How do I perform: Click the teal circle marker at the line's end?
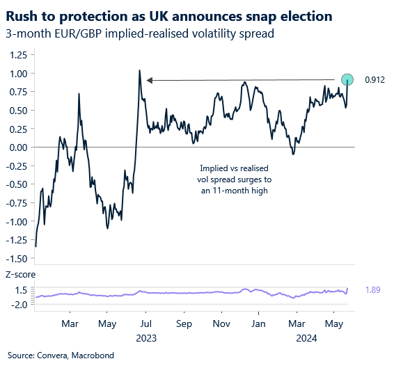pos(346,79)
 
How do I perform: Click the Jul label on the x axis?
pos(146,323)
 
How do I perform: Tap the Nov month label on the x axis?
pos(221,323)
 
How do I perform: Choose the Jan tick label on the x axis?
pos(259,323)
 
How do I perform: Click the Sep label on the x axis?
pos(184,323)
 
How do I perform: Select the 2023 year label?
pos(146,339)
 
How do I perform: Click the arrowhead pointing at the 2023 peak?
pos(150,80)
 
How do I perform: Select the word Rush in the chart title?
pos(24,15)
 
